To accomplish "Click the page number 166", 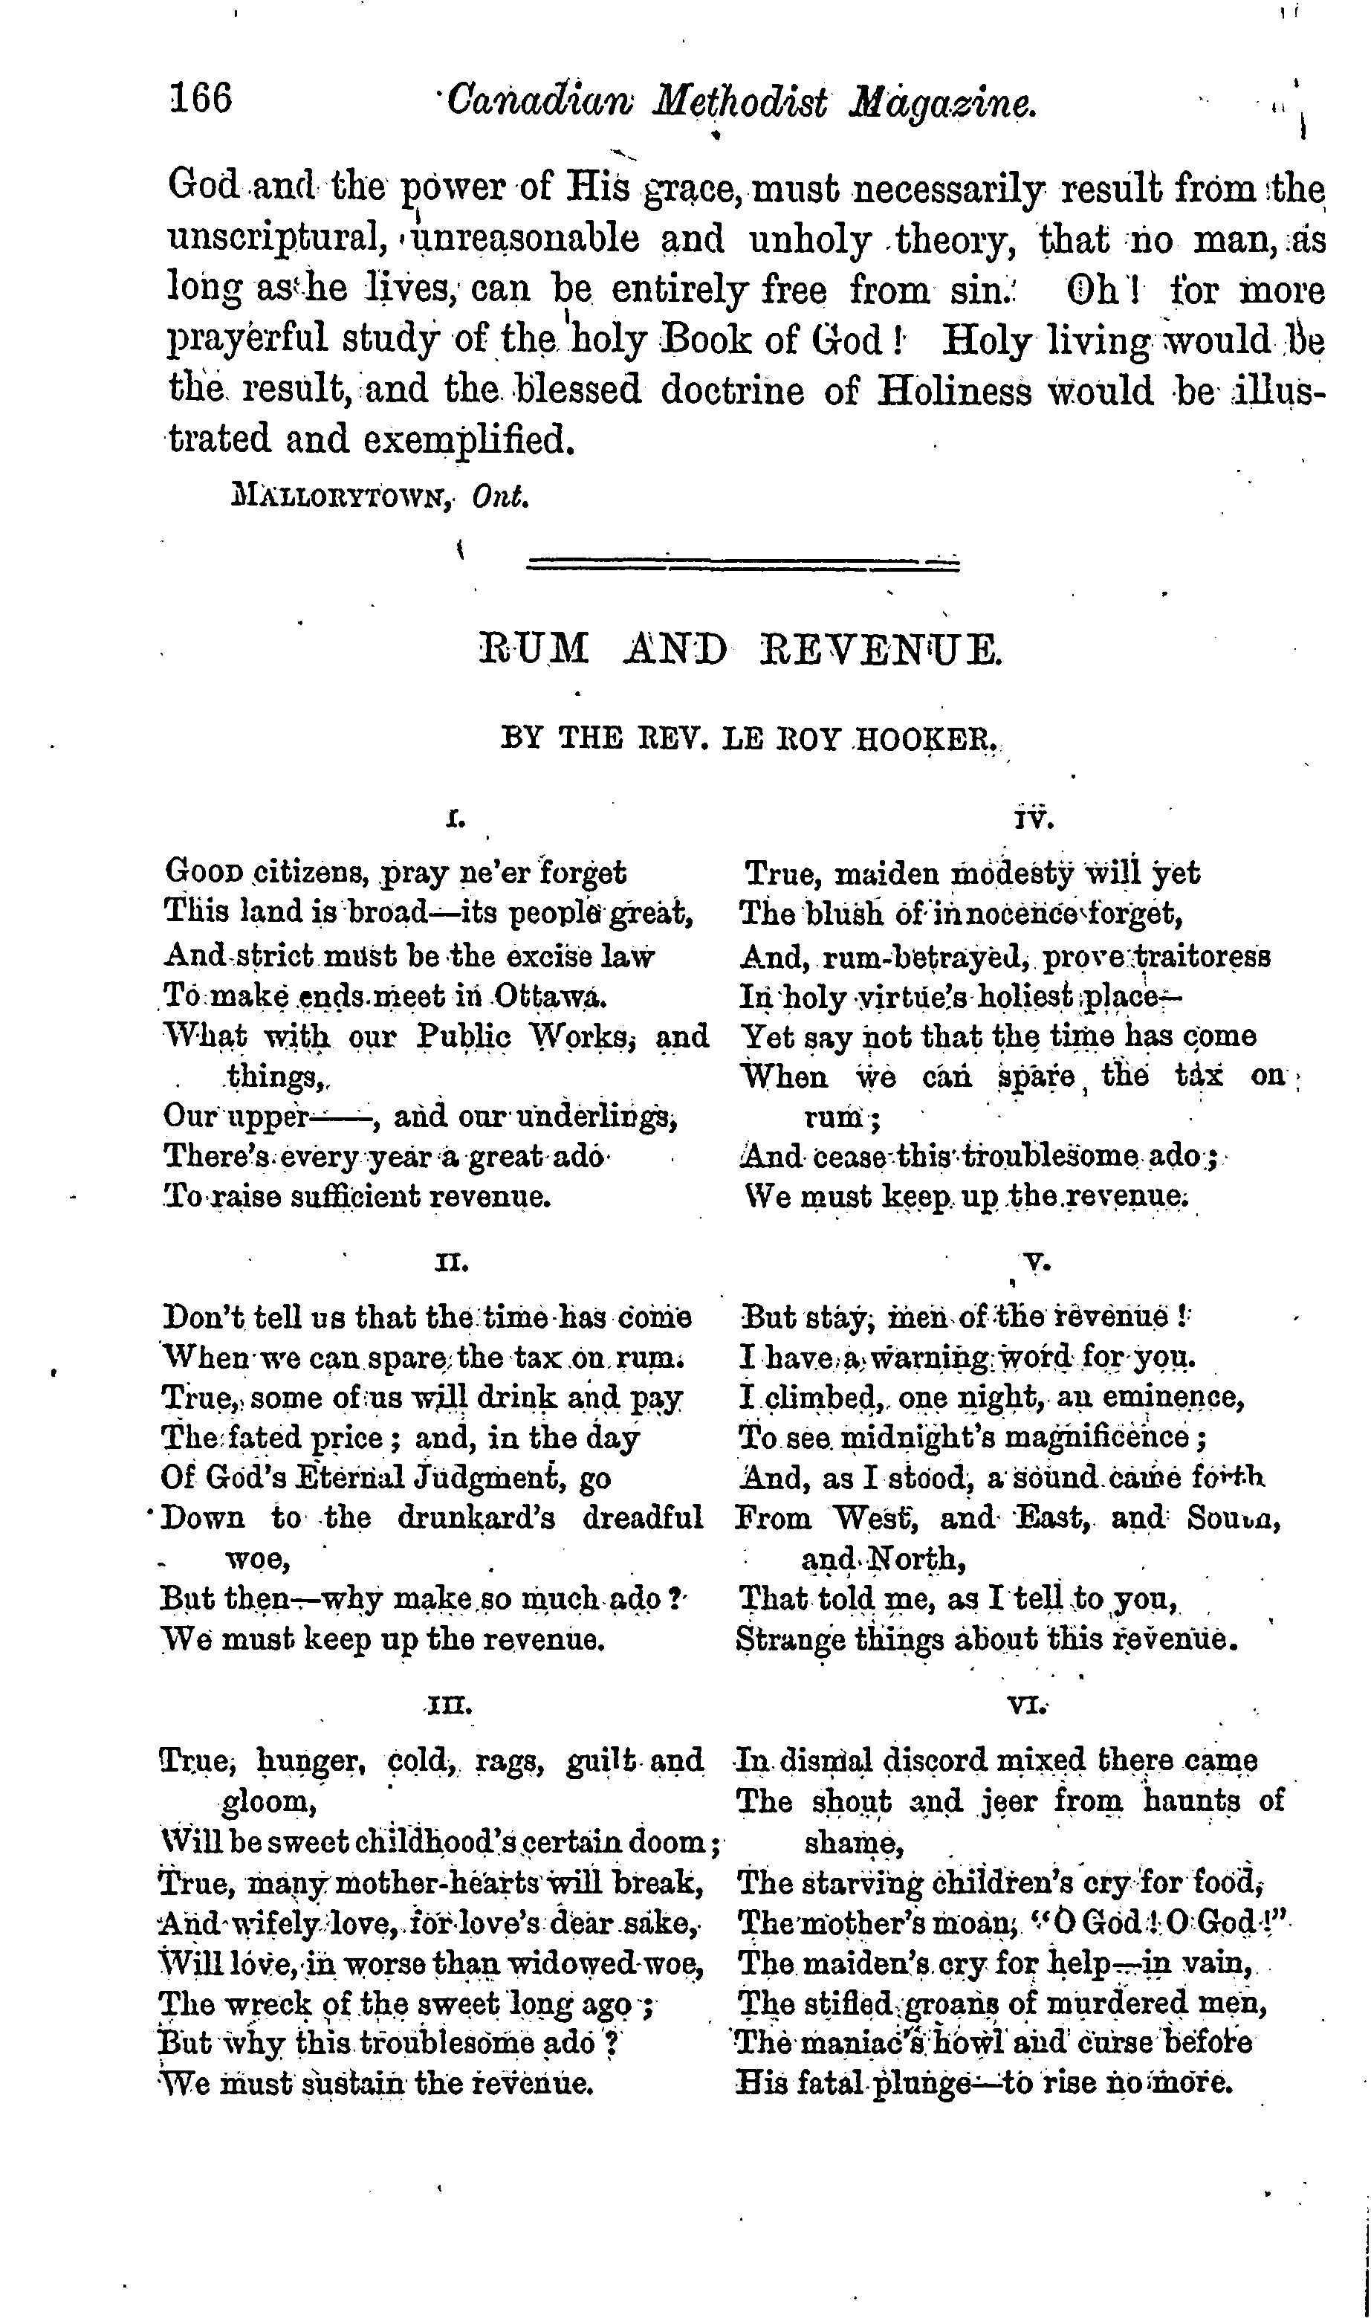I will (201, 98).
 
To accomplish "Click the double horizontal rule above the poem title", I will (742, 562).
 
